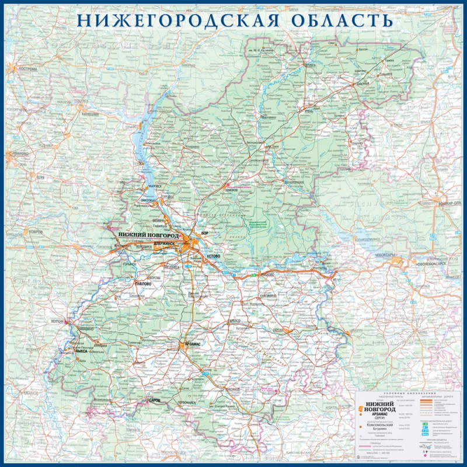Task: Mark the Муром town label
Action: (57, 322)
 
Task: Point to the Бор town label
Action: (204, 233)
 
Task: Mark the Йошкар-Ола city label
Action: (448, 211)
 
